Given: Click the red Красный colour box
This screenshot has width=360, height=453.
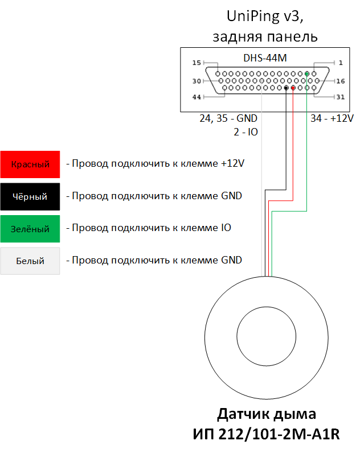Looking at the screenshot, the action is pos(30,164).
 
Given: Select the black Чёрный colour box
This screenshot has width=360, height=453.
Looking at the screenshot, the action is pos(30,196).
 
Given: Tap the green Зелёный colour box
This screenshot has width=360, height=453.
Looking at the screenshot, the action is pos(30,229).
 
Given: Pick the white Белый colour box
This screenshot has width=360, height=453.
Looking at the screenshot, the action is pos(30,261).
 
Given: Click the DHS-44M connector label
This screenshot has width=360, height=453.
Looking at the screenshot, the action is pos(265,58).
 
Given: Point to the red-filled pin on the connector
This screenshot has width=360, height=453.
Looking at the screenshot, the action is pos(293,88).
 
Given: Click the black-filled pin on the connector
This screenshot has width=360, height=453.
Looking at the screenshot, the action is pos(286,88).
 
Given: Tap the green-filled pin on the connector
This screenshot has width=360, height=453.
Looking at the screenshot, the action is pos(307,73).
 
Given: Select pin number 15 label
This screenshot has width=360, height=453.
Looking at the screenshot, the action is pos(197,63).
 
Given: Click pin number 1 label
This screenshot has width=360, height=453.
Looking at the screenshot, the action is pos(341,63).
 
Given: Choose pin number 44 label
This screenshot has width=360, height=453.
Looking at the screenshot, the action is pos(197,97).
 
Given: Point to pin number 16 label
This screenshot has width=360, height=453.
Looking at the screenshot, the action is pos(341,81).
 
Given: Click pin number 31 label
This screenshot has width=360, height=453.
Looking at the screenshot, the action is pos(341,97).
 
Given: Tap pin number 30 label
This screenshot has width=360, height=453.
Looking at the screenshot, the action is pos(197,81).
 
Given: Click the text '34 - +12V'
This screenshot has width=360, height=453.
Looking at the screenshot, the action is pos(332,118).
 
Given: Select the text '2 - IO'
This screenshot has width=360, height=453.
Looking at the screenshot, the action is pos(246,132).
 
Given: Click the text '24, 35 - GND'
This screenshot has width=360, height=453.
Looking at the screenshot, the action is pos(228,118).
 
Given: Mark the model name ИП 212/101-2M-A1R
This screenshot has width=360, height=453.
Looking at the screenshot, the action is pos(267,434).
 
